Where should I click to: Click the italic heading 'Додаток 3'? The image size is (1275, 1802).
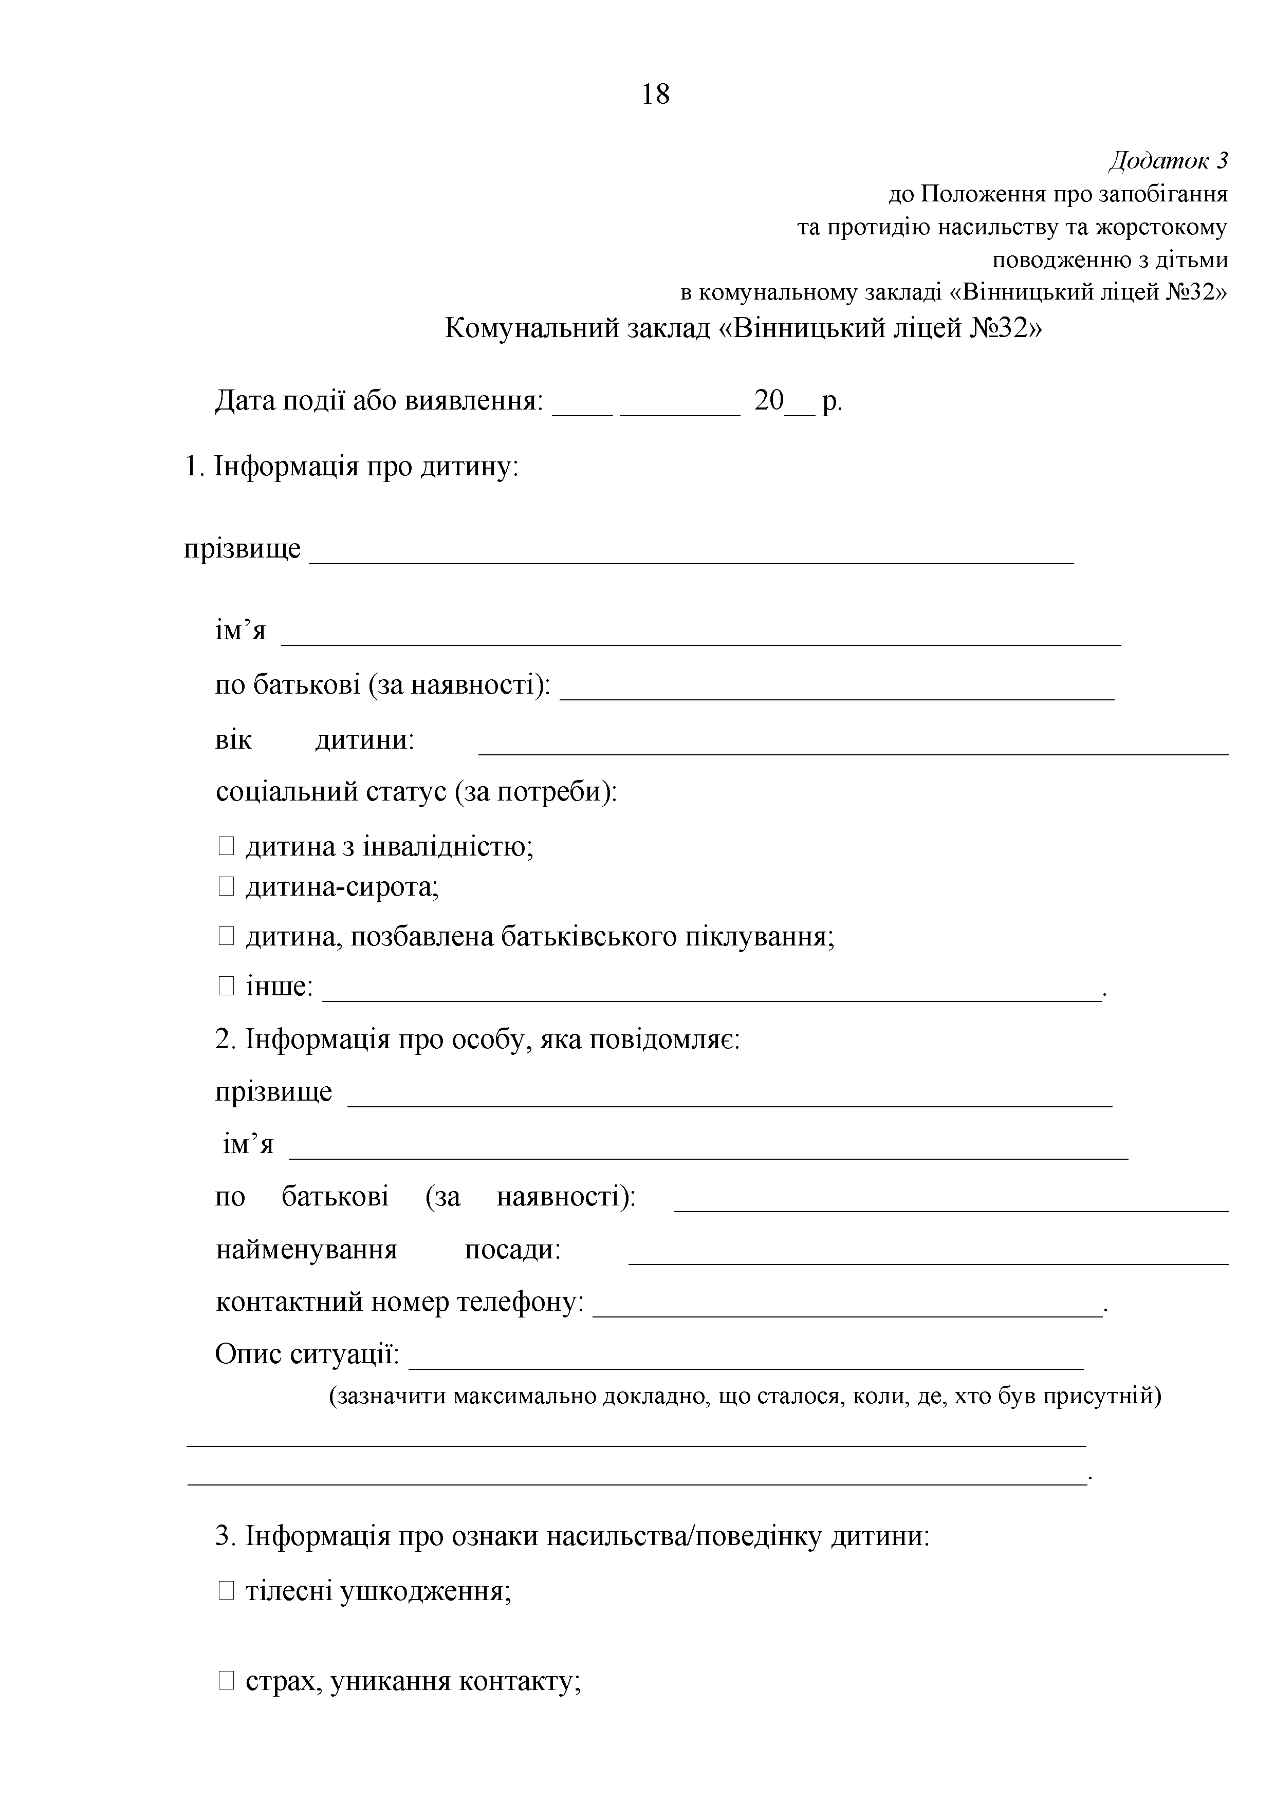(1168, 161)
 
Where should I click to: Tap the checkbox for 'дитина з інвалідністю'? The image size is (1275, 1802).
(226, 846)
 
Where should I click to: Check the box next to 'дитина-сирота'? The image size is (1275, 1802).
(226, 887)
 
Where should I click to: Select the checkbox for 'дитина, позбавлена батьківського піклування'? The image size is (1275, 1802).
(226, 936)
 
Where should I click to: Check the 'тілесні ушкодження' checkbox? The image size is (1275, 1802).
(226, 1591)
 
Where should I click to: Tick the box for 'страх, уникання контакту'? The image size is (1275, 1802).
(226, 1681)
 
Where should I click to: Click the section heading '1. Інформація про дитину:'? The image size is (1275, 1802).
(351, 467)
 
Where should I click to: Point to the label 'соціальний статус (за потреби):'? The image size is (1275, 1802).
(416, 791)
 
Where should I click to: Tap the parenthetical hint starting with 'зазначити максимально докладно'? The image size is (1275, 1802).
(744, 1396)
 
